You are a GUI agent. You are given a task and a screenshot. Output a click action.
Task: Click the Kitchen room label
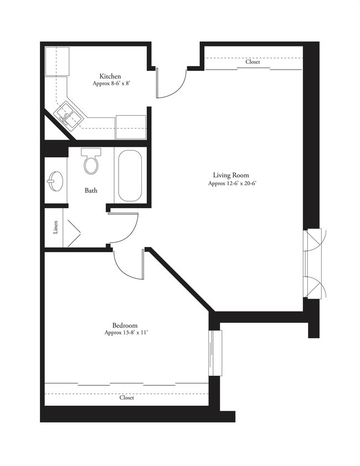point(110,76)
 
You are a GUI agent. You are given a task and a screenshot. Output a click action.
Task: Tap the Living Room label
point(231,175)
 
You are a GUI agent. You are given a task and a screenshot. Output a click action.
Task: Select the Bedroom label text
point(125,325)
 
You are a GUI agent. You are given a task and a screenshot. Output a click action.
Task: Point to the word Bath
point(91,191)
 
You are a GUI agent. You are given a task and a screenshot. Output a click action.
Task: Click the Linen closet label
point(55,227)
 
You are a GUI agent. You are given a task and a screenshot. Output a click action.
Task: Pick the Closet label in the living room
point(253,62)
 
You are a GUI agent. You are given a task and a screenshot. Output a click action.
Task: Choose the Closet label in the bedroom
point(126,398)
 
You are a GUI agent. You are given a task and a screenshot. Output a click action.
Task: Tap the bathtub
point(130,176)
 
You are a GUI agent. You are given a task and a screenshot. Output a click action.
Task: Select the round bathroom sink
point(55,181)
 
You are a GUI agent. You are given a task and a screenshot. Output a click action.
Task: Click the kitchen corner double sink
point(68,116)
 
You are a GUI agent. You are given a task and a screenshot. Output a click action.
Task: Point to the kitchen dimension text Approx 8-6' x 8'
point(112,84)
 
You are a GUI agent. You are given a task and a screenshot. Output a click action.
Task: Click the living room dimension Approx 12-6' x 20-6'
point(232,183)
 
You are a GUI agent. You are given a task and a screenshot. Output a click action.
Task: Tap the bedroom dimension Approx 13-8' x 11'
point(126,333)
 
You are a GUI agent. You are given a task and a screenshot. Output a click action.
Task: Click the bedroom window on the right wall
point(215,353)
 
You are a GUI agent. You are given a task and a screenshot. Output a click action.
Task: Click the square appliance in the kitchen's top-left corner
point(57,61)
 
